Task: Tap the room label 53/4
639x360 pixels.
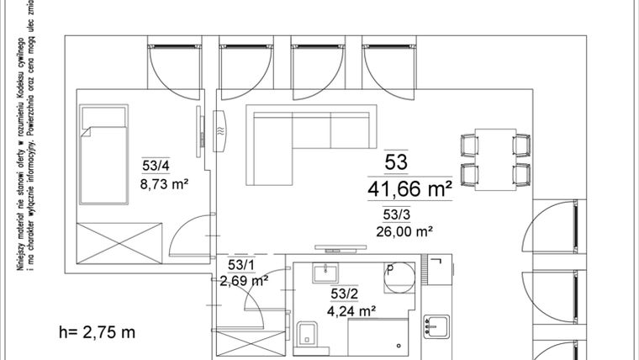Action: [x=156, y=166]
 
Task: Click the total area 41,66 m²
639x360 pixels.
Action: [x=409, y=189]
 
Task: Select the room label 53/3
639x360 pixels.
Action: [x=396, y=214]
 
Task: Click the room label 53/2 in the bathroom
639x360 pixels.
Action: [x=344, y=294]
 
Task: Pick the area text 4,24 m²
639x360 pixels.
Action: [x=350, y=310]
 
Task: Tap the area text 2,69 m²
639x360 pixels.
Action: [x=244, y=280]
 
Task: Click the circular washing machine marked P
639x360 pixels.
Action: [x=399, y=277]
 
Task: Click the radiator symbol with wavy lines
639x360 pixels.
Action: [x=221, y=131]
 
